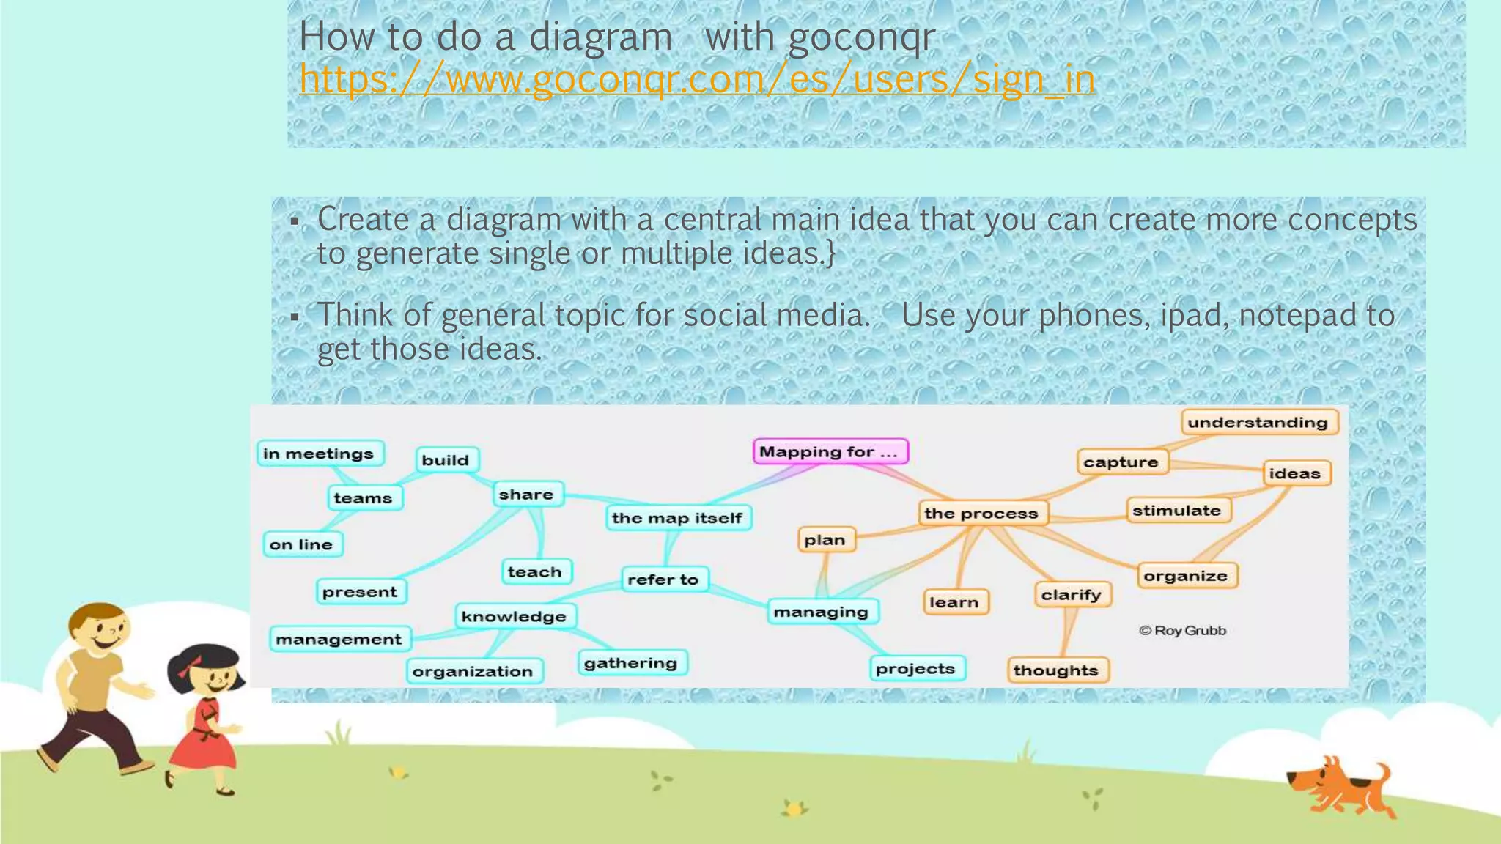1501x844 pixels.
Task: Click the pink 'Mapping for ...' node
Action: coord(830,451)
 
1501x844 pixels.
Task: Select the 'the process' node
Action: coord(981,513)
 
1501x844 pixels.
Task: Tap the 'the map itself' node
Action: coord(677,518)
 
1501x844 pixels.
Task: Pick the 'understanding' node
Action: coord(1258,422)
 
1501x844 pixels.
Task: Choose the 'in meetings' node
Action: coord(319,454)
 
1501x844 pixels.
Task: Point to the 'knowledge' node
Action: coord(514,616)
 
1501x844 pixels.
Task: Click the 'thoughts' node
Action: coord(1055,670)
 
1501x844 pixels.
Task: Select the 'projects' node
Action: coord(915,668)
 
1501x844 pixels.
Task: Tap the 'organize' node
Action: coord(1185,576)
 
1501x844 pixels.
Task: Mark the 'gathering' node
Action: coord(630,663)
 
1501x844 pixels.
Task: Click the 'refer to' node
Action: coord(663,580)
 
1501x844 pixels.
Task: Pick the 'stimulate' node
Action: coord(1176,511)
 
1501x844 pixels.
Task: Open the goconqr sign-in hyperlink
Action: coord(697,79)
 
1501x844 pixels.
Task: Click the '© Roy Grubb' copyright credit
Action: coord(1182,630)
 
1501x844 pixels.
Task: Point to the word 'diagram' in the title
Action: coord(600,36)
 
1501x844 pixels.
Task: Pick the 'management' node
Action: coord(339,639)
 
